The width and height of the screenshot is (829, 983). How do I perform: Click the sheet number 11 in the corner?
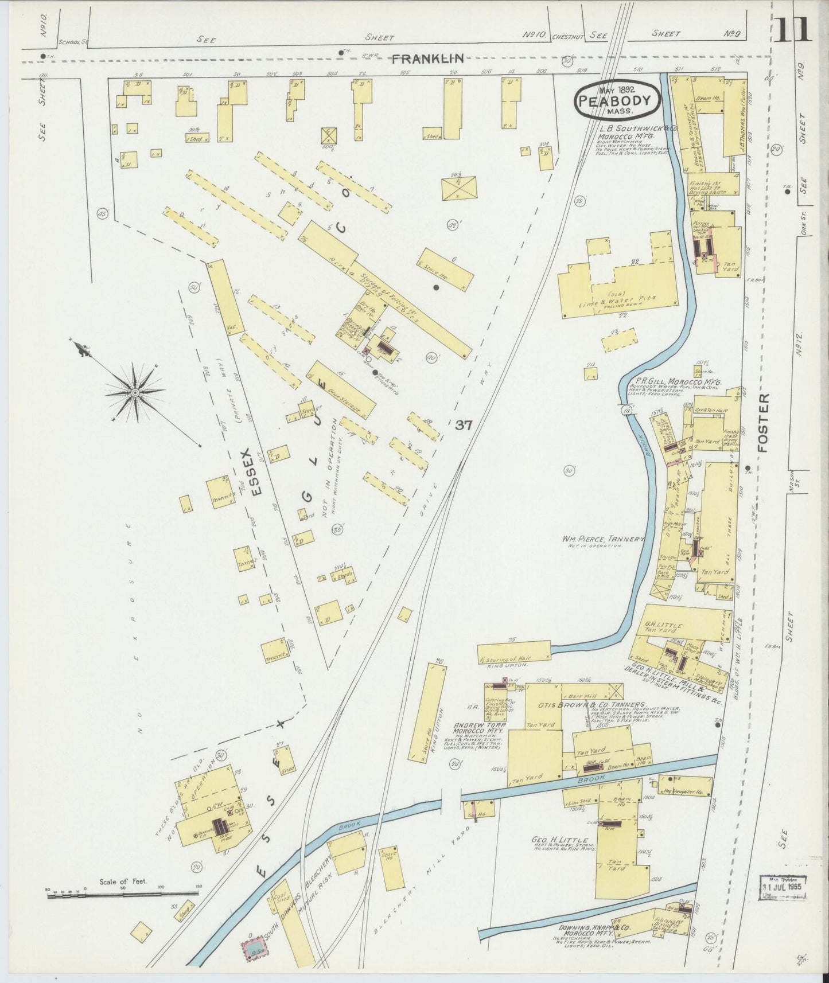793,29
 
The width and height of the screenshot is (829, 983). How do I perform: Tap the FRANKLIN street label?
428,58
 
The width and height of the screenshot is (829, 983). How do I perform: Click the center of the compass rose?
135,393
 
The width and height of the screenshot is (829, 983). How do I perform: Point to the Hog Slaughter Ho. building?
686,793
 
